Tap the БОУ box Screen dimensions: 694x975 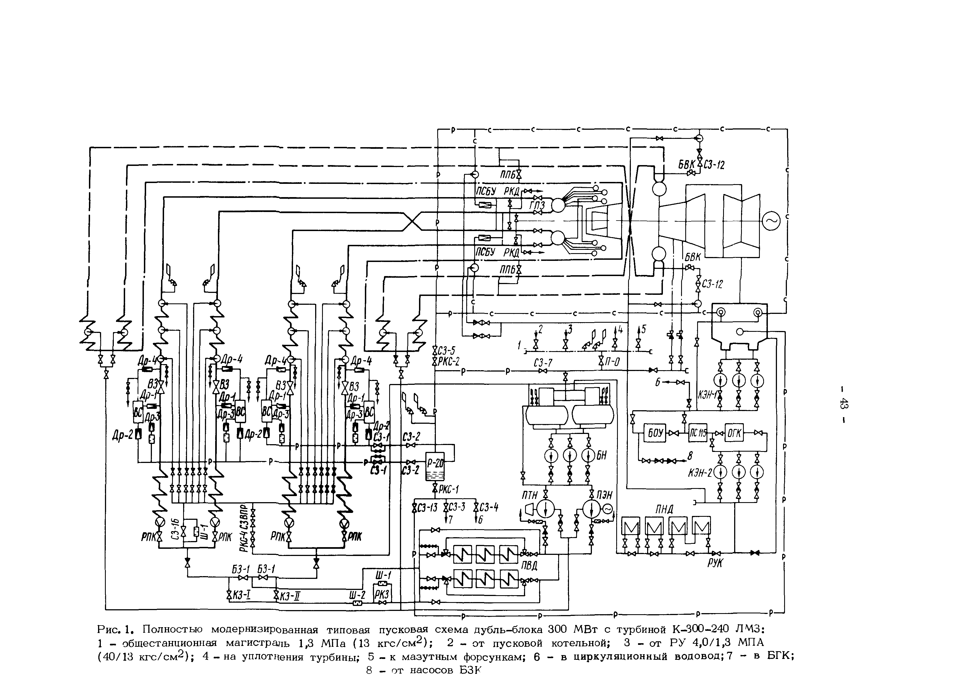(655, 433)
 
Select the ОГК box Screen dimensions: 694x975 (734, 433)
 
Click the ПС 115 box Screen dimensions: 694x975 (698, 433)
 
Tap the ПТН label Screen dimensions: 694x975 (529, 495)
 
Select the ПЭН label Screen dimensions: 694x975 (604, 495)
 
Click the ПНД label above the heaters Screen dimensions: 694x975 (664, 509)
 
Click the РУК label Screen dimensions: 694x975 (715, 563)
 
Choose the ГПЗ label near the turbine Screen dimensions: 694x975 (537, 206)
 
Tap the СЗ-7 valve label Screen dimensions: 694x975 (543, 363)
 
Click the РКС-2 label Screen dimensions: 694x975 (449, 362)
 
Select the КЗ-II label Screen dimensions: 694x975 (289, 595)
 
